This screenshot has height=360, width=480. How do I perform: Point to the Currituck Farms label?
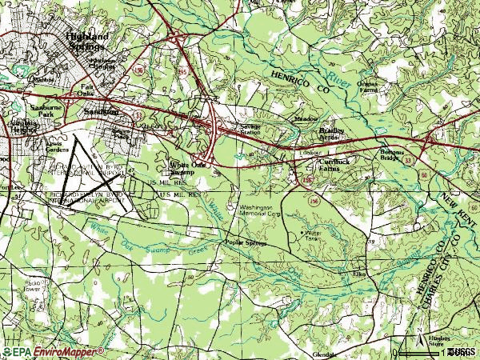pos(334,166)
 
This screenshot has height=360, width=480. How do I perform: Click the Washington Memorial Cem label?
pos(261,211)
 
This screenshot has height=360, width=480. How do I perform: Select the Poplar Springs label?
pos(245,242)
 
